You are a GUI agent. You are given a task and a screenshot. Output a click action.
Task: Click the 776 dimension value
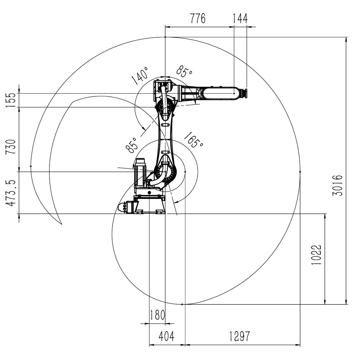[198, 18]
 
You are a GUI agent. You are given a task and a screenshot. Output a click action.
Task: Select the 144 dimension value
[240, 18]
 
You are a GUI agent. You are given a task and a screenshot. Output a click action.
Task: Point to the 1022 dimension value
[316, 255]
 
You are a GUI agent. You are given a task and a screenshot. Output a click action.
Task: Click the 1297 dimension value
[239, 336]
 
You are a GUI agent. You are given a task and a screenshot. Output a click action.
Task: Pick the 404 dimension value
[166, 336]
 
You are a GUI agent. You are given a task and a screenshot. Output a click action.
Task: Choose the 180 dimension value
[157, 315]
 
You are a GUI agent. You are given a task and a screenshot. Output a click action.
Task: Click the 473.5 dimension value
[10, 193]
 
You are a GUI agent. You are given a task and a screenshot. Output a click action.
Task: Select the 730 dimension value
[10, 147]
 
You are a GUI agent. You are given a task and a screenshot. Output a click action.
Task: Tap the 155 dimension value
[10, 100]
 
